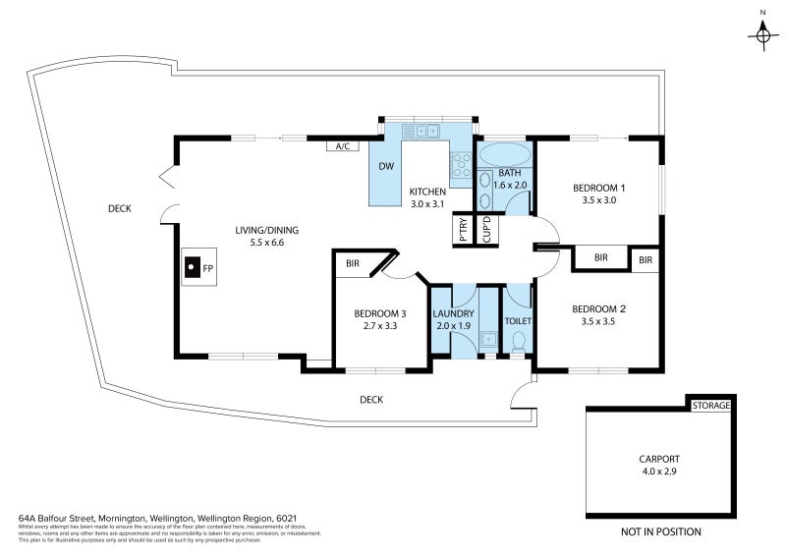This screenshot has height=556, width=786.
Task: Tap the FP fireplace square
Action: pos(194,266)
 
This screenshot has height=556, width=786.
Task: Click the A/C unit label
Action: pos(342,146)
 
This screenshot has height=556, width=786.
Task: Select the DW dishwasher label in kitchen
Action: pos(386,166)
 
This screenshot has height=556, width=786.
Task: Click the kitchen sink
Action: pos(426,130)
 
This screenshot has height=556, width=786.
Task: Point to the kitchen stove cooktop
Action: pos(461,163)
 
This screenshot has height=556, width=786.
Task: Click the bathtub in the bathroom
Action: pos(505,155)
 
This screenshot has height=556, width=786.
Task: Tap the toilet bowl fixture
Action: pos(518,341)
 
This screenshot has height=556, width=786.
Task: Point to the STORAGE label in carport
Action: pos(710,405)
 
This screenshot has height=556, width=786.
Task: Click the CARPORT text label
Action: pos(658,459)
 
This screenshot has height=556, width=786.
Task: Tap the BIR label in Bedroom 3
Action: pos(352,264)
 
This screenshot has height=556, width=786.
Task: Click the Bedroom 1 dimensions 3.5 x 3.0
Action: pos(598,200)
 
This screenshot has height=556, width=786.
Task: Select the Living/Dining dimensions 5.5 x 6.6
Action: pos(266,243)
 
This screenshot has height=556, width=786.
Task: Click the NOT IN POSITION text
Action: pos(660,531)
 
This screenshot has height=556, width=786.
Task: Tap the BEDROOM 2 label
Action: pos(598,306)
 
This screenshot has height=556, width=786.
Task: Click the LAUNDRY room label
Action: pos(453,313)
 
